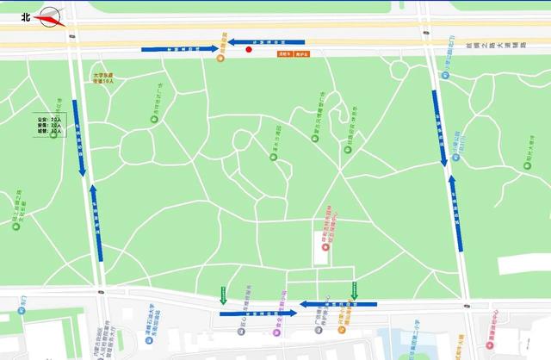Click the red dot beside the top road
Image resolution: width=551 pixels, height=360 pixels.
tap(249, 49)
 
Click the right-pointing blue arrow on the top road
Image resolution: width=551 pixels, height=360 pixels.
tap(181, 49)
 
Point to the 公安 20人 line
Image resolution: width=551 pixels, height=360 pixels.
tap(51, 118)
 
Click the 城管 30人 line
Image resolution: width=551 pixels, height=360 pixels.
tap(51, 132)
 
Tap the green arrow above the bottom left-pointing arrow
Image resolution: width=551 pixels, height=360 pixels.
tap(354, 290)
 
